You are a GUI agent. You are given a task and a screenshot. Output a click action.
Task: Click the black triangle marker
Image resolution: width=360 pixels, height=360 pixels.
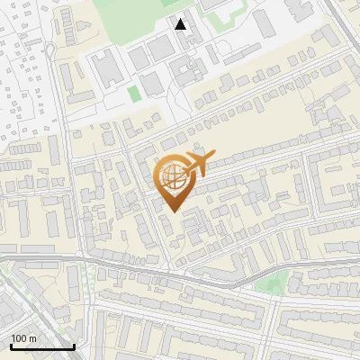pos(181,24)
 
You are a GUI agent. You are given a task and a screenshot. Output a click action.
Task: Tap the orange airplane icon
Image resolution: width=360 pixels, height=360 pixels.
pos(196,165)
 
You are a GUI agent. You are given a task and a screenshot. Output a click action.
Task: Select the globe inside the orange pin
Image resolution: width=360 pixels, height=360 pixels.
pos(171,176)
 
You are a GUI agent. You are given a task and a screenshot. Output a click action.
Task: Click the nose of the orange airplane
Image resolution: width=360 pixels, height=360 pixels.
pos(212,156)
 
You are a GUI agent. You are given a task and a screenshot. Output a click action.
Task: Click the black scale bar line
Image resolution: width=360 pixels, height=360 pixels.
pos(42,346)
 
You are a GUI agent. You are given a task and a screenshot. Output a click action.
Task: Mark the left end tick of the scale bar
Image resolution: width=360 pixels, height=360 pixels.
pos(11,345)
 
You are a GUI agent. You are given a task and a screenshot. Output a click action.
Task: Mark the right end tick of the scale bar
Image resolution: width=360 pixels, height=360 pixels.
pos(74,345)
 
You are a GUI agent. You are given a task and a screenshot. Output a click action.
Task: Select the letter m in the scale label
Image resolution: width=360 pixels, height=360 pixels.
pos(31,338)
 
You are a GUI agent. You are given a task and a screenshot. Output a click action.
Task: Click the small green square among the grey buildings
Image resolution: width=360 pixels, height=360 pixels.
pos(134,94)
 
